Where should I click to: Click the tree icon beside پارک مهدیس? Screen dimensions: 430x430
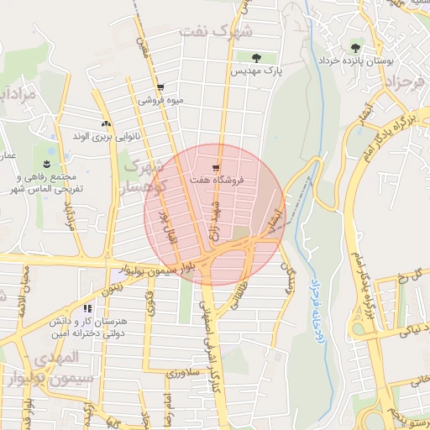click(256, 57)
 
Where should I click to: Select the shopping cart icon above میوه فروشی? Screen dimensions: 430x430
click(160, 87)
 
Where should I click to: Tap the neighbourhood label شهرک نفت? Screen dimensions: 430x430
click(216, 32)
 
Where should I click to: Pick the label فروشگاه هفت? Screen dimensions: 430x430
click(217, 179)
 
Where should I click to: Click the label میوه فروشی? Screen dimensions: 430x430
click(162, 100)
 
